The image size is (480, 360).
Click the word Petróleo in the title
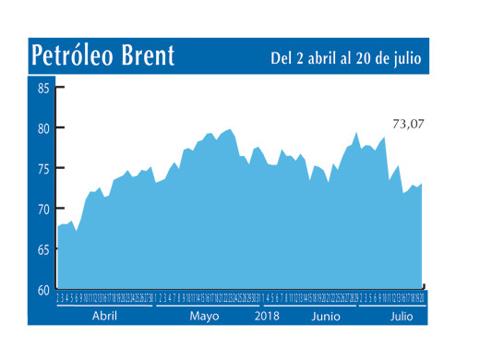tap(70, 56)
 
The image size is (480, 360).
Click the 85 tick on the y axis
tap(43, 89)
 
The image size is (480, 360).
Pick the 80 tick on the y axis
tap(43, 129)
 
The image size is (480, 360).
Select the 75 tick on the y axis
tap(43, 169)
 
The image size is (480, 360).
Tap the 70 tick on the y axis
tap(43, 210)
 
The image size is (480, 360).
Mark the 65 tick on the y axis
tap(43, 250)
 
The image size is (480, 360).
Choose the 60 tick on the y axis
tap(43, 290)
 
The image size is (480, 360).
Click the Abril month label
tap(103, 317)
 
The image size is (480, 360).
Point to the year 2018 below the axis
tap(267, 317)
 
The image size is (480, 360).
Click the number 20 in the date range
tap(370, 58)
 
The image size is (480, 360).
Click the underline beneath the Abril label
tap(103, 306)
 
